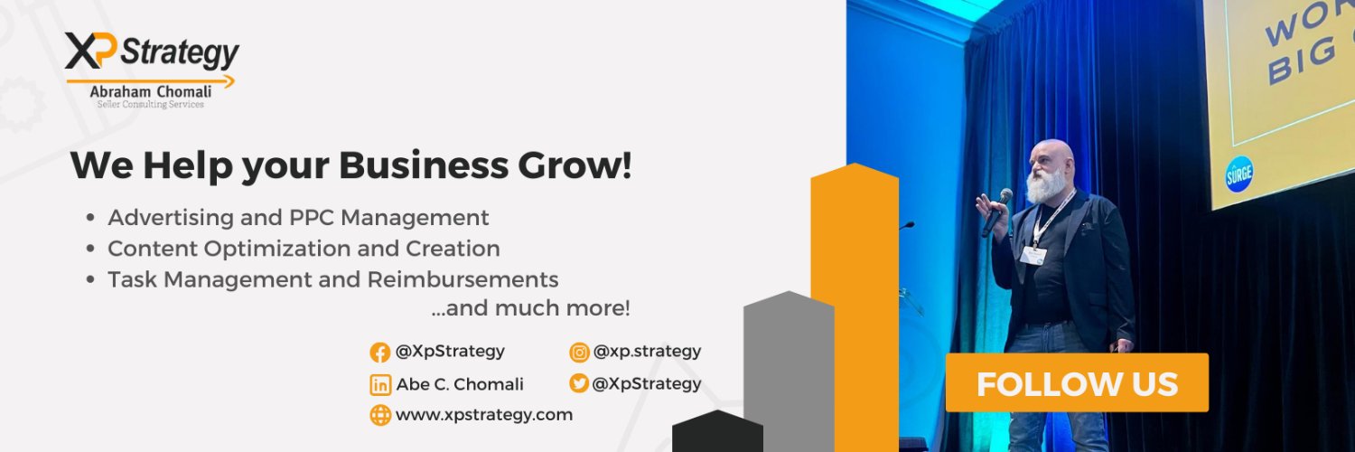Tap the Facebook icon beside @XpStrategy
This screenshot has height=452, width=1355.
click(380, 353)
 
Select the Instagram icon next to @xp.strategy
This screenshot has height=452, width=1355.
click(579, 353)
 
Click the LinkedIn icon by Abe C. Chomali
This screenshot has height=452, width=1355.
click(380, 385)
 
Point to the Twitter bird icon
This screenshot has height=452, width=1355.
click(579, 383)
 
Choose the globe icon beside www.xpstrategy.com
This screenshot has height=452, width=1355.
click(380, 415)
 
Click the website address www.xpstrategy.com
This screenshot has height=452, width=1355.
click(484, 415)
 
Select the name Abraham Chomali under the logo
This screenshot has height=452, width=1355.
click(151, 91)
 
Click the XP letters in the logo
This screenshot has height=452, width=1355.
click(90, 51)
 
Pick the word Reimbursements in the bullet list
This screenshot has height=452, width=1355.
click(463, 279)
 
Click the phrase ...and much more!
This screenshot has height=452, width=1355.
click(530, 308)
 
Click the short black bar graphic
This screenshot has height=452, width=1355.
click(717, 431)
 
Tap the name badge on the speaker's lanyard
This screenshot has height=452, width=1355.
click(1033, 256)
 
